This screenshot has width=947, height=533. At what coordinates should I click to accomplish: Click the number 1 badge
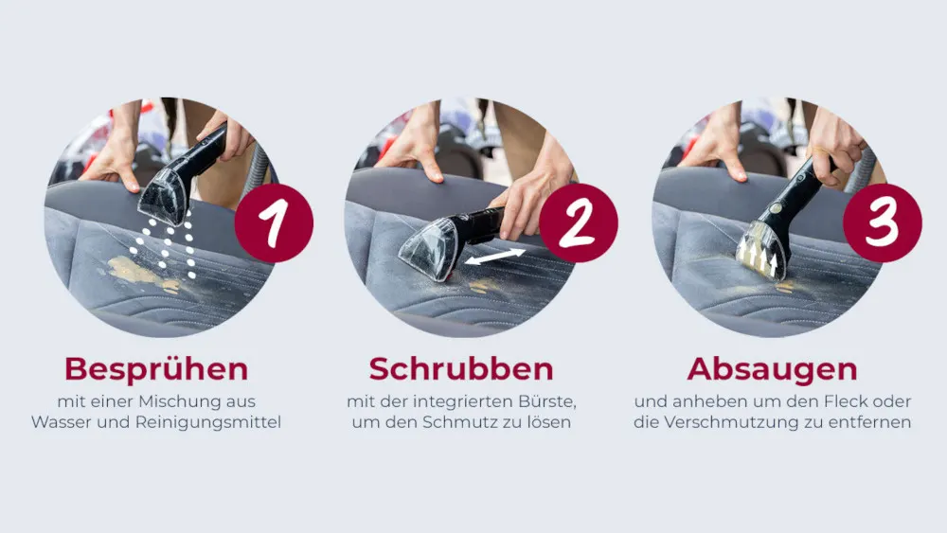[x=274, y=222]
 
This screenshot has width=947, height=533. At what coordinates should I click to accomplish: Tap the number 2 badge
[x=578, y=222]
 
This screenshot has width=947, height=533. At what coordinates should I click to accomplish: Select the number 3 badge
[x=883, y=222]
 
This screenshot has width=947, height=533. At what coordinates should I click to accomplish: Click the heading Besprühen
[x=156, y=370]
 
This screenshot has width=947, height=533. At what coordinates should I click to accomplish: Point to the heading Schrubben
[x=461, y=369]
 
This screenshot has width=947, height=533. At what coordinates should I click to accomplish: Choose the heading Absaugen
[x=773, y=370]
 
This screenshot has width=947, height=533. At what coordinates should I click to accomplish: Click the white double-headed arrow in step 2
[x=494, y=257]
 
